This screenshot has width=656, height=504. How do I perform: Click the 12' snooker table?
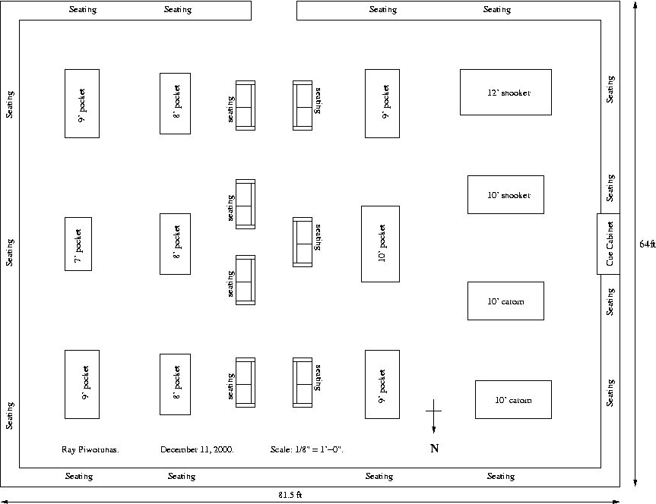tap(505, 92)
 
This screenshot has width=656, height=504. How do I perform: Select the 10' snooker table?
tap(505, 194)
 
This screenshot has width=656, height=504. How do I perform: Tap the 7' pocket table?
tap(78, 244)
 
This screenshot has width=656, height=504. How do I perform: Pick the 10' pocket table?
tap(380, 243)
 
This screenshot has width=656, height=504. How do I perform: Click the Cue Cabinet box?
tap(608, 244)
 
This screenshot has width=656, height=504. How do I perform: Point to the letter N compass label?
tap(434, 448)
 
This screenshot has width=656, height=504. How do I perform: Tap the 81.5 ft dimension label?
tap(290, 495)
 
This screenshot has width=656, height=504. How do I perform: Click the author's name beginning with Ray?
tap(90, 449)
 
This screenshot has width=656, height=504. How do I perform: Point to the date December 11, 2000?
tap(197, 449)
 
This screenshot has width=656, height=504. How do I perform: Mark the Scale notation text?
tap(306, 449)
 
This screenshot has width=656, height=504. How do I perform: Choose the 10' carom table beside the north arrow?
tap(513, 399)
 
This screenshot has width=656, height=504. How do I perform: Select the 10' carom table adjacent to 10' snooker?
tap(505, 301)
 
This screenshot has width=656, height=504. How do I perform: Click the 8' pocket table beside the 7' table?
tap(175, 244)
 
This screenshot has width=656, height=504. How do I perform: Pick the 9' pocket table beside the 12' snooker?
tap(382, 103)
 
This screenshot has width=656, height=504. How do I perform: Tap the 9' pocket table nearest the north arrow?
tap(382, 384)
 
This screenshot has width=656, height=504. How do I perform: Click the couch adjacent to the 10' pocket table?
tap(303, 241)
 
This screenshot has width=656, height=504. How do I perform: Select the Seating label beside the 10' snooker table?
tap(610, 187)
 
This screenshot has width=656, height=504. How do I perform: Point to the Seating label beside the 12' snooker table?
tap(610, 89)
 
